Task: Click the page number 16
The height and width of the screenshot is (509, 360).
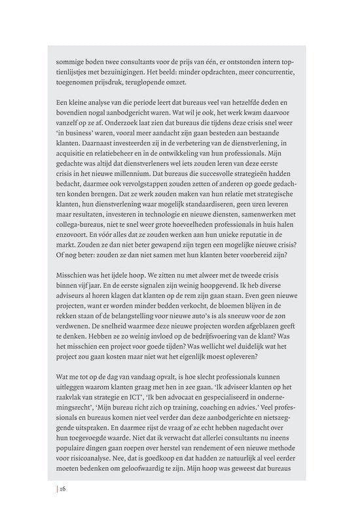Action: coord(63,488)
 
